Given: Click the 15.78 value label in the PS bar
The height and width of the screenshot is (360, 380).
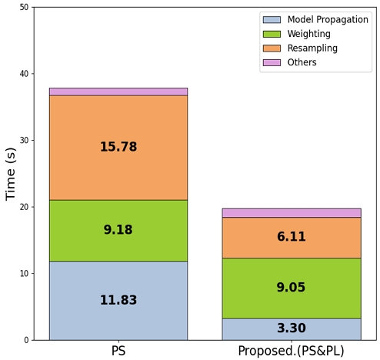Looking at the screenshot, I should pos(118,147).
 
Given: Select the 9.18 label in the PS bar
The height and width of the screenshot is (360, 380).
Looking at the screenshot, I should pos(118,230).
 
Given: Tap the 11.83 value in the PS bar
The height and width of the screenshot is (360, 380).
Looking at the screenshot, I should pos(118,300).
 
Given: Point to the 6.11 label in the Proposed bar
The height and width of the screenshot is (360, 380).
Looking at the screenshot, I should pos(292,237).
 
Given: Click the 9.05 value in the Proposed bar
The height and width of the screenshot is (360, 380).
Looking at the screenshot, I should pos(292,288).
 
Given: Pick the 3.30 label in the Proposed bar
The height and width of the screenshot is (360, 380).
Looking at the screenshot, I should pos(292,328).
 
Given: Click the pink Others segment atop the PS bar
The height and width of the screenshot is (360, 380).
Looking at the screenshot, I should pos(118,92).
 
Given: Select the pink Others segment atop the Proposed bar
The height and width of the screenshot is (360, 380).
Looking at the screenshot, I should pos(292,213).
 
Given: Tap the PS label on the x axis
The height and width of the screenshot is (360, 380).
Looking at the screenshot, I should pos(118,351).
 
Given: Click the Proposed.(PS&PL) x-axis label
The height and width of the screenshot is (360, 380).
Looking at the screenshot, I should pos(292,351).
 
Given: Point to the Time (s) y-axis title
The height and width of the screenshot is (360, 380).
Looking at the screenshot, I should pos(12,174).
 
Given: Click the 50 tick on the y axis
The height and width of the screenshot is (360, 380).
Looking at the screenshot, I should pos(24,8).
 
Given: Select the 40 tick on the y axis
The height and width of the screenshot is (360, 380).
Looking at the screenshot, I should pos(24,74).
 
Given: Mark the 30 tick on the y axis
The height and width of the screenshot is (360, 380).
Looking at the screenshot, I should pos(24,141).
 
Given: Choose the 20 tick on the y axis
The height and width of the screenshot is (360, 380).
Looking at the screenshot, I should pos(24,207).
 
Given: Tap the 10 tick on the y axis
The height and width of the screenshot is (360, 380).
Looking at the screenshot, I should pos(24,274).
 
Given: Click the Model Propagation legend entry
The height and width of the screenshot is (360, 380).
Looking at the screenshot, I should pos(327,19).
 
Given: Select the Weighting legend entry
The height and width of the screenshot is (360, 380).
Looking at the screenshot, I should pos(308,34).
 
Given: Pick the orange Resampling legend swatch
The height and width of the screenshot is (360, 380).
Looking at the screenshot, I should pos(272,48).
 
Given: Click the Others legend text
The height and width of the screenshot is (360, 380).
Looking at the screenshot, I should pos(302,62).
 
